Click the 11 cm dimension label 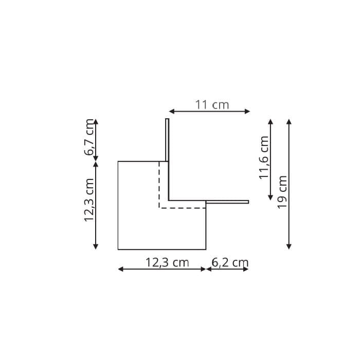[x=212, y=105]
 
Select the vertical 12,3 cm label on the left [x=89, y=200]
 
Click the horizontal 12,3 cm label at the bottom [x=167, y=263]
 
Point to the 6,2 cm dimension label [x=230, y=263]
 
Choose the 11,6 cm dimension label [x=264, y=157]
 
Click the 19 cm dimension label [x=282, y=192]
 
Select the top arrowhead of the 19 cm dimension [x=289, y=122]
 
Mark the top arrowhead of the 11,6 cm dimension [x=271, y=122]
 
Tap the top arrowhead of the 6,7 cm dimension [x=96, y=122]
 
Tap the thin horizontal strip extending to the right [x=227, y=202]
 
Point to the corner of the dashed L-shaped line [x=159, y=208]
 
